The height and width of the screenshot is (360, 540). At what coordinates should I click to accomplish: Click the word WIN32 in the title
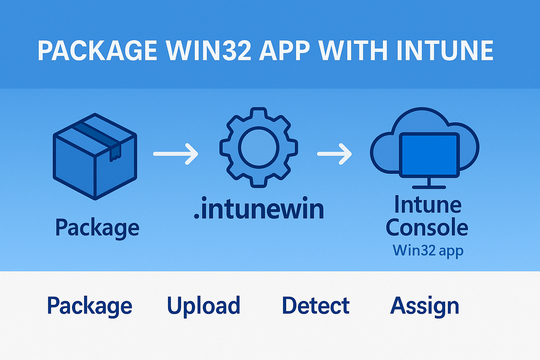[x=209, y=51]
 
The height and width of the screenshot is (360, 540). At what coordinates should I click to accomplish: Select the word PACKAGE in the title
[x=97, y=51]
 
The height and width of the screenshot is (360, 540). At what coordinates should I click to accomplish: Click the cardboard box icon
[x=95, y=156]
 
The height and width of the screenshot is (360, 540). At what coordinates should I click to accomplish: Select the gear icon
[x=259, y=147]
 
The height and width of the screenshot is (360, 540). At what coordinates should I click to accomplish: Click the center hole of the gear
[x=259, y=147]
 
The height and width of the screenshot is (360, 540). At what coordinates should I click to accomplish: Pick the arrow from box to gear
[x=175, y=154]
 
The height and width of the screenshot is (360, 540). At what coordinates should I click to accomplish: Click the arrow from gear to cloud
[x=334, y=154]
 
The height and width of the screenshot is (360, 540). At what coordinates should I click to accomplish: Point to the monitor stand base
[x=429, y=187]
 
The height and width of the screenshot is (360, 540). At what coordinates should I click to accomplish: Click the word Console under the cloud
[x=427, y=227]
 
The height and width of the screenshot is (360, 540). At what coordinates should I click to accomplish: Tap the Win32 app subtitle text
[x=428, y=251]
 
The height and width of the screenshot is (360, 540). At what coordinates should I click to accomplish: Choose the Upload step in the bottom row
[x=204, y=306]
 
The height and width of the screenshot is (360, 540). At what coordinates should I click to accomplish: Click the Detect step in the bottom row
[x=316, y=306]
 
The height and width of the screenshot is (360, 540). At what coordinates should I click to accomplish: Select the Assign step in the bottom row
[x=425, y=306]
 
